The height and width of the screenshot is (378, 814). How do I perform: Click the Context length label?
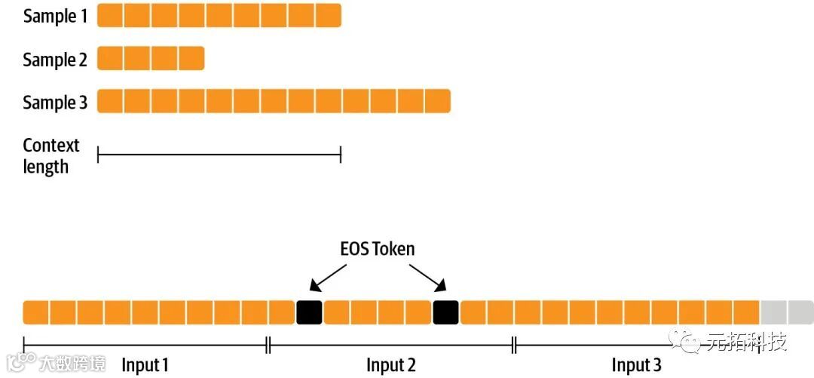pyautogui.click(x=50, y=155)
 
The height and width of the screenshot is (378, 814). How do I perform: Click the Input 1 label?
pyautogui.click(x=145, y=365)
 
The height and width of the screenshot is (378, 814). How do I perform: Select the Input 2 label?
pyautogui.click(x=391, y=365)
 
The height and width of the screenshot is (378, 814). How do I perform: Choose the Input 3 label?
pyautogui.click(x=636, y=365)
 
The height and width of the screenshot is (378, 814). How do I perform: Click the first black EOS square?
pyautogui.click(x=309, y=312)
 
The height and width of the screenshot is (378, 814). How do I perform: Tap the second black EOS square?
pyautogui.click(x=445, y=312)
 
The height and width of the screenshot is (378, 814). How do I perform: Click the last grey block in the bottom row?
pyautogui.click(x=800, y=312)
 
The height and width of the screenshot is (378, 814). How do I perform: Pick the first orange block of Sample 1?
pyautogui.click(x=110, y=16)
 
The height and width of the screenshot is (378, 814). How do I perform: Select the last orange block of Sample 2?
pyautogui.click(x=191, y=58)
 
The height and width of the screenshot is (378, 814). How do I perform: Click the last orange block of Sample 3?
pyautogui.click(x=437, y=101)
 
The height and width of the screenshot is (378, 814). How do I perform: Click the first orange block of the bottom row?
pyautogui.click(x=35, y=312)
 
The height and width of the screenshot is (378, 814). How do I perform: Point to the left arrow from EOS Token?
pyautogui.click(x=326, y=276)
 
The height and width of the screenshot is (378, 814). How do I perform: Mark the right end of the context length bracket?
pyautogui.click(x=341, y=155)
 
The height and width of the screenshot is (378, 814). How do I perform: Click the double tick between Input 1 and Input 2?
pyautogui.click(x=268, y=345)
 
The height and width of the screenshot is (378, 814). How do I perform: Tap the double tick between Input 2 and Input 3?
pyautogui.click(x=514, y=345)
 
